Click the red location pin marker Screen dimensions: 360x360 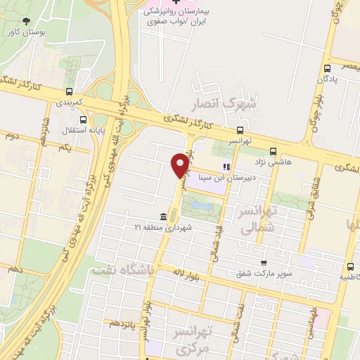tap(180, 165)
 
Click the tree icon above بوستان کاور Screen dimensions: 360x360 tap(27, 22)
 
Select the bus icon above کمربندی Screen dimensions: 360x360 tap(69, 91)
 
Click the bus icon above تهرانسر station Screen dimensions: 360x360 tap(240, 130)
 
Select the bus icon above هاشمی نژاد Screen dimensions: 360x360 tap(273, 150)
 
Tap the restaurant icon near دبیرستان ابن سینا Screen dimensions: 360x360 tap(226, 167)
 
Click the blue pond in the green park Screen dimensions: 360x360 tap(202, 207)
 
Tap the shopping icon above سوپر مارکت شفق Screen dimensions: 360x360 tap(264, 262)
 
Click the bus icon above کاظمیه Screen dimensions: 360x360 tap(350, 267)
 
